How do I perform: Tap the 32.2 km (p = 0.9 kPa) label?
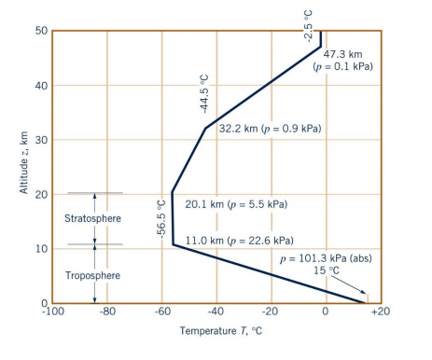click(270, 128)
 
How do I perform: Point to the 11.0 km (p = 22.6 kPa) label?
click(240, 240)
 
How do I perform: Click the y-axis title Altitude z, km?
click(23, 168)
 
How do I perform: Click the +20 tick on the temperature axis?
click(380, 314)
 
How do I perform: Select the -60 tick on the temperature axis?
click(160, 314)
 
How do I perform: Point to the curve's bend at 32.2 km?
click(204, 128)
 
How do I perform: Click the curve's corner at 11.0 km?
click(173, 244)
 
